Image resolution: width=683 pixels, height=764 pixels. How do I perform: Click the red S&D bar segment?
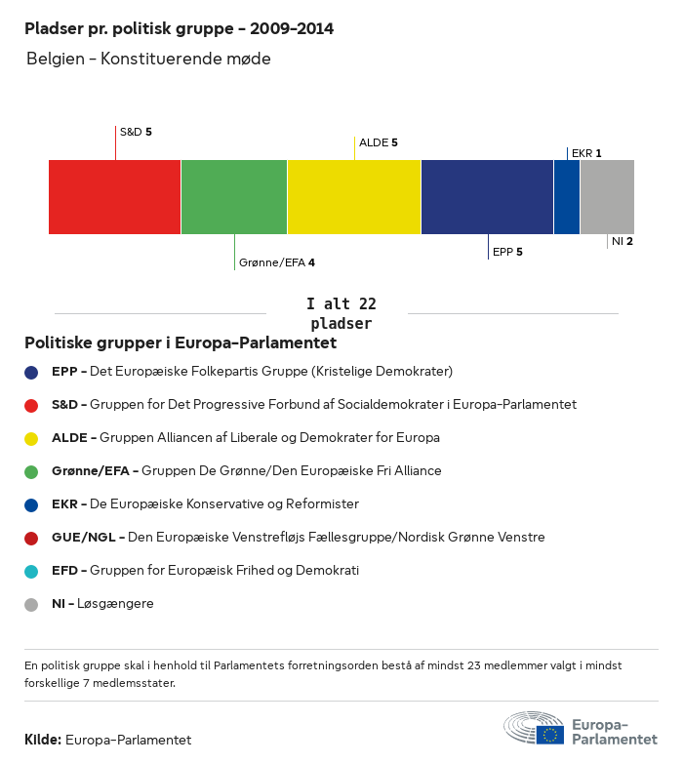tap(114, 197)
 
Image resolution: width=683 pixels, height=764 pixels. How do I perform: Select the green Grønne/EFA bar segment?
tap(234, 197)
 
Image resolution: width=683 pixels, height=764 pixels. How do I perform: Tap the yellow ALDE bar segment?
tap(354, 197)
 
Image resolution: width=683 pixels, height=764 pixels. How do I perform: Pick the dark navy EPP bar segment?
tap(487, 197)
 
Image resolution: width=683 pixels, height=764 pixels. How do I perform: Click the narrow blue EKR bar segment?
tap(567, 197)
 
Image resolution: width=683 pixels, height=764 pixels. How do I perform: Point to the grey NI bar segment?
tap(607, 197)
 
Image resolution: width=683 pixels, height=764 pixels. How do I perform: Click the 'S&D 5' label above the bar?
tap(136, 131)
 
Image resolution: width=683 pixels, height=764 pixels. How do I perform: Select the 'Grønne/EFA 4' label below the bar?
tap(277, 262)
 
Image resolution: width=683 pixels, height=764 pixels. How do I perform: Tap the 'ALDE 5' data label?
tap(379, 142)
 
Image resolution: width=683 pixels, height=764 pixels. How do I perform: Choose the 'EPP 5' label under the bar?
tap(507, 252)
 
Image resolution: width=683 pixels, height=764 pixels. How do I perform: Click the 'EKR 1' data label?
tap(586, 153)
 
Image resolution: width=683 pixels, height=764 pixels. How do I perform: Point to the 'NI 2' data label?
tap(623, 241)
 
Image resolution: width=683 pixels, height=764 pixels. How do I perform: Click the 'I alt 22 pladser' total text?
tap(341, 313)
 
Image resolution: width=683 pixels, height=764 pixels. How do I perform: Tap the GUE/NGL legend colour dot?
tap(32, 538)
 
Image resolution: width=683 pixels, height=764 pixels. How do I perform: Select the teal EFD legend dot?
tap(32, 571)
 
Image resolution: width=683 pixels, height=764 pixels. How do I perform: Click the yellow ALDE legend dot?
tap(32, 438)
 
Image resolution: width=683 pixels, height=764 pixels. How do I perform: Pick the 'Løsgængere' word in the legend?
tap(122, 604)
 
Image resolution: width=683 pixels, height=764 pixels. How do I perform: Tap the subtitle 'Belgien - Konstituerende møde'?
tap(148, 60)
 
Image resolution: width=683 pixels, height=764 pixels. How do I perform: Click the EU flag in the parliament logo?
tap(550, 735)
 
